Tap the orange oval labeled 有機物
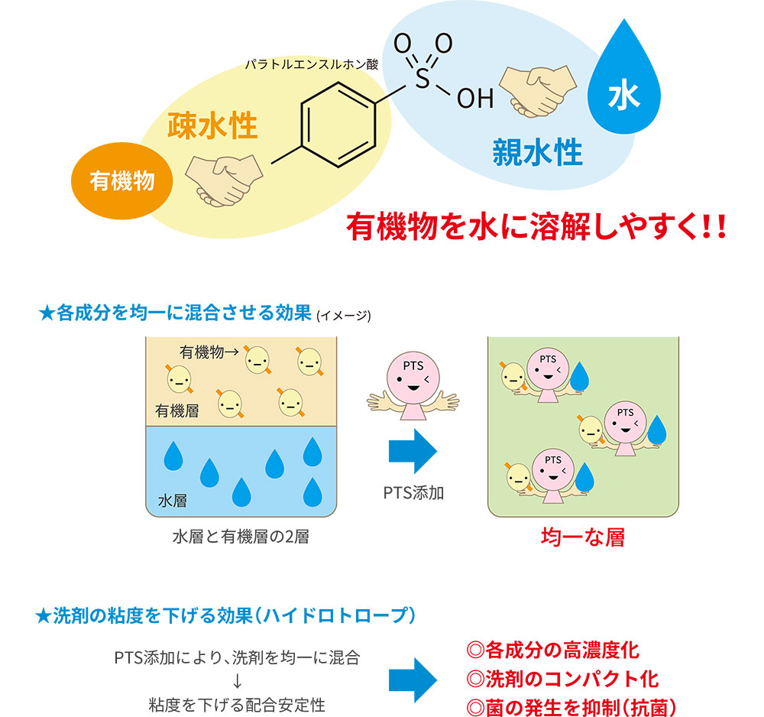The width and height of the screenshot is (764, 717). pos(121,181)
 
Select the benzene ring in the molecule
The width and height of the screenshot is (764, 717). pos(338,125)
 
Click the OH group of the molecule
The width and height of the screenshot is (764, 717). pos(475,99)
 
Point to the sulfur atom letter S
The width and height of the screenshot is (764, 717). pos(422,79)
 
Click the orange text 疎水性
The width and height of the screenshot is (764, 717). pos(212,126)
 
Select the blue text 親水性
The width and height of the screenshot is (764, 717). pos(537,153)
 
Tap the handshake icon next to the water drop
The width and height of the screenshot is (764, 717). pos(538,91)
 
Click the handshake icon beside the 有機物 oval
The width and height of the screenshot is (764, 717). pos(224,180)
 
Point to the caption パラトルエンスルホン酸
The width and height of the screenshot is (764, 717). pos(312,64)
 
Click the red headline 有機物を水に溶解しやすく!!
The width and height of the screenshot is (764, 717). pos(536,227)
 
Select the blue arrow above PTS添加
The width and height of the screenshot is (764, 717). pos(413,451)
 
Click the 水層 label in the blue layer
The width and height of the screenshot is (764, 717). pos(173,501)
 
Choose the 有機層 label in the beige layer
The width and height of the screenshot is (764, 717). pos(177,411)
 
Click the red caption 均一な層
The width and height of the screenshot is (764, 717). pos(583,537)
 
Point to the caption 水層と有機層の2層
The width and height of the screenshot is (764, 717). pos(241,537)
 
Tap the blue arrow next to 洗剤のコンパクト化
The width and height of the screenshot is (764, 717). pos(413,680)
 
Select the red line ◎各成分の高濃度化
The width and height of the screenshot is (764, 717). pos(552,650)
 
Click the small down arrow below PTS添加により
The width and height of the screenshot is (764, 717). pos(238,681)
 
